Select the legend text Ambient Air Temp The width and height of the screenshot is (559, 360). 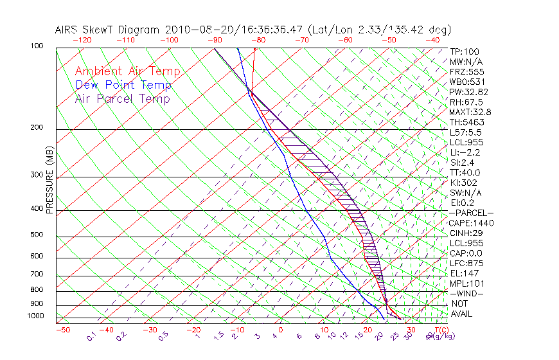[x=127, y=71]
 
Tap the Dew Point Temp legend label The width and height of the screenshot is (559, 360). [x=123, y=85]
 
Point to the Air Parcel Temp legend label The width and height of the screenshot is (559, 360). [x=122, y=98]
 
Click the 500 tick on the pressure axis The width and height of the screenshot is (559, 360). [x=36, y=235]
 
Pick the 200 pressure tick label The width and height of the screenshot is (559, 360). [x=36, y=127]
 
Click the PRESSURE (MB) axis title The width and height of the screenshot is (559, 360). [x=49, y=180]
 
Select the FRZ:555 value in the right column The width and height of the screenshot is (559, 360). [x=466, y=71]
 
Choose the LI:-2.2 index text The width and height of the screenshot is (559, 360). [x=465, y=152]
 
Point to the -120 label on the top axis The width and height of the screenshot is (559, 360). [x=81, y=40]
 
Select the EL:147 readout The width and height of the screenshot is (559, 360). [x=463, y=273]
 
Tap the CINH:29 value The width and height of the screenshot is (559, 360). [x=465, y=233]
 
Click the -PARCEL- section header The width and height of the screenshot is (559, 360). [x=471, y=213]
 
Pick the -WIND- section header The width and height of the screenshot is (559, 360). [x=467, y=293]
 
